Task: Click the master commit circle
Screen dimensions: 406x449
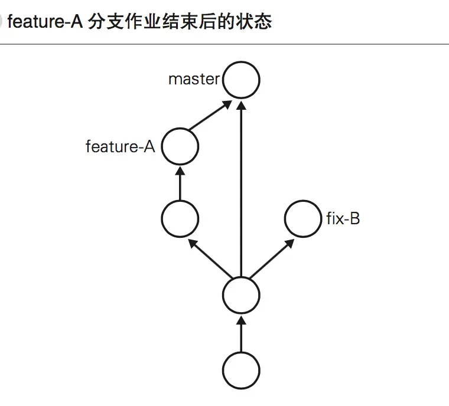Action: coord(241,80)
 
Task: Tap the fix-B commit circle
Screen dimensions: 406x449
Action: coord(302,220)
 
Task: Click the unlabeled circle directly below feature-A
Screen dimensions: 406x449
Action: coord(180,220)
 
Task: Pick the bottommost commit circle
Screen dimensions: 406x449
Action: coord(241,370)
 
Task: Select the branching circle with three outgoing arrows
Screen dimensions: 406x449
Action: coord(241,294)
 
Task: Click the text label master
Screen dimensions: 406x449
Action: coord(194,80)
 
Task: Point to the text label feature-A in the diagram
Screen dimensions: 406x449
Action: coord(120,147)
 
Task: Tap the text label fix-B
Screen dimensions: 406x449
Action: coord(343,220)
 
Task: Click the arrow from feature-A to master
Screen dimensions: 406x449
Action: coord(210,117)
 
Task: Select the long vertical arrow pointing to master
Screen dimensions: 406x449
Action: coord(241,189)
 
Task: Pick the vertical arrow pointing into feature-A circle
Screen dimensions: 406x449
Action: coord(180,184)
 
